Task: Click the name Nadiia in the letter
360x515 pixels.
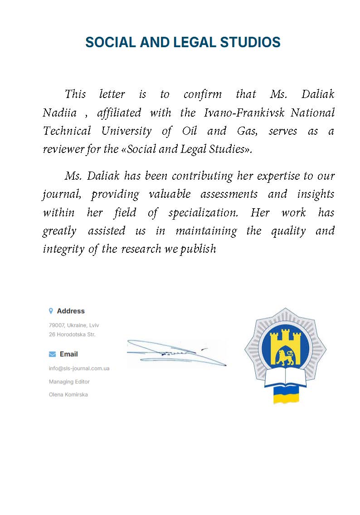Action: point(59,113)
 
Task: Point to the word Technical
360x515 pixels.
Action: point(67,131)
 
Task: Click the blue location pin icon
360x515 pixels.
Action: point(51,311)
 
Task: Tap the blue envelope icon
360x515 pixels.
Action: point(52,354)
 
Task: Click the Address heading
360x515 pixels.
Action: point(71,311)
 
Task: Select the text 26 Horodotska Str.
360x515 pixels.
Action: point(72,334)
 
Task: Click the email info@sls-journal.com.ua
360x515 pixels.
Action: point(79,368)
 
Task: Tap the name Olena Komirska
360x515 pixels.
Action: point(68,395)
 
